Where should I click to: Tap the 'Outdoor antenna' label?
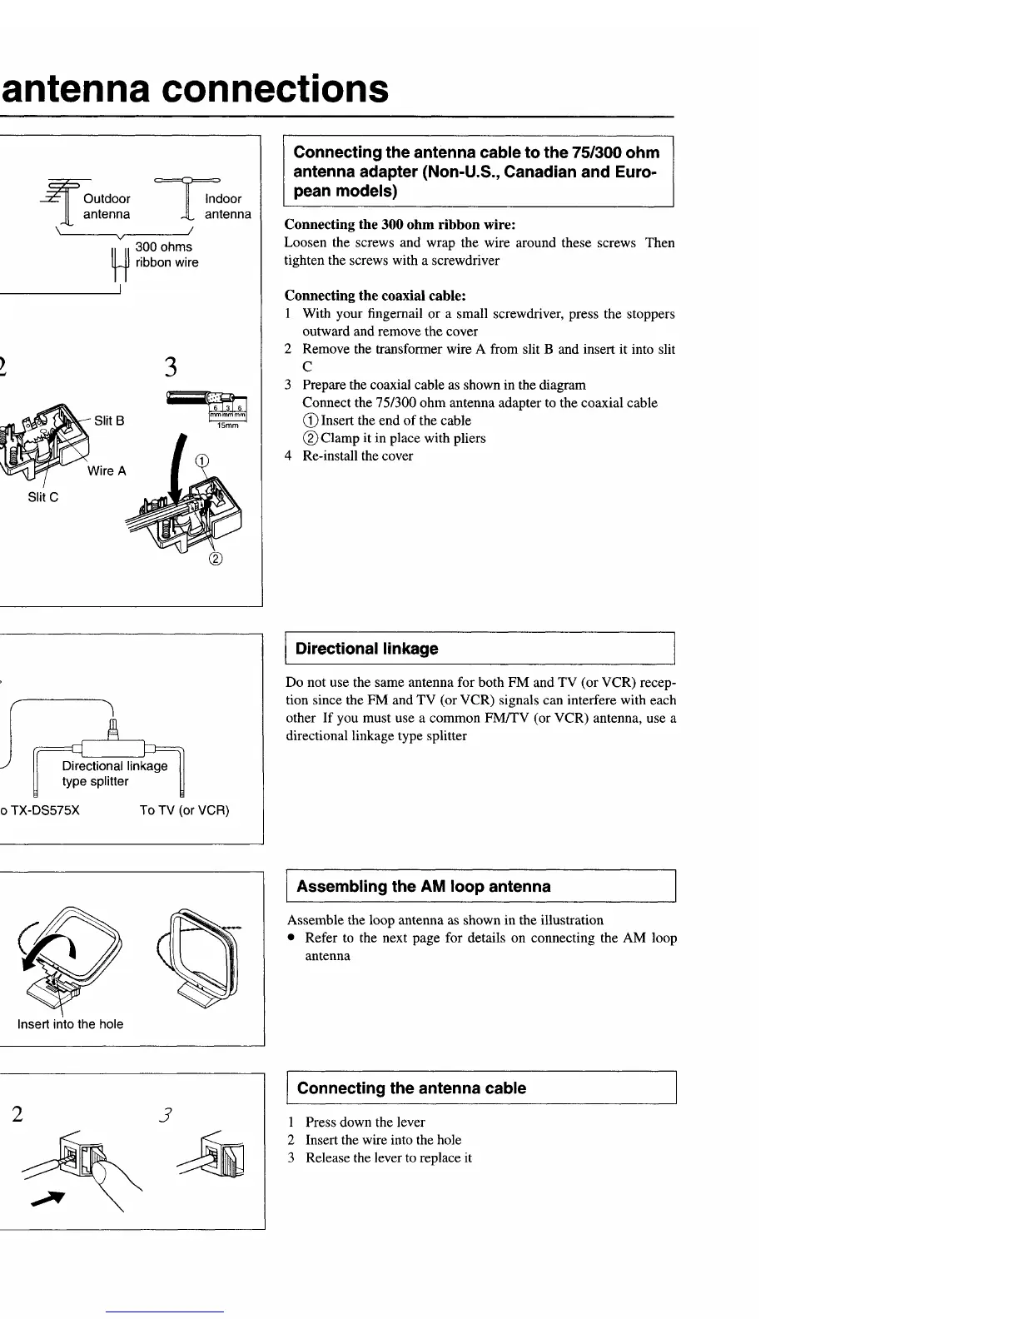107,207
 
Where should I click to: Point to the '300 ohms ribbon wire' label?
167,255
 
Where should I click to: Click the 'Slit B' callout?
109,421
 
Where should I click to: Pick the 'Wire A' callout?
107,471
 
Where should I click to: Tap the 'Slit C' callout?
43,498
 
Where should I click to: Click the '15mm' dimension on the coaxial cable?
227,426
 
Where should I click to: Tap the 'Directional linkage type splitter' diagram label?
114,774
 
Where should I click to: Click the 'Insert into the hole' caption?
70,1025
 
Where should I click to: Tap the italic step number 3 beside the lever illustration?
167,1114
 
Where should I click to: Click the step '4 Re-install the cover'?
349,456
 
